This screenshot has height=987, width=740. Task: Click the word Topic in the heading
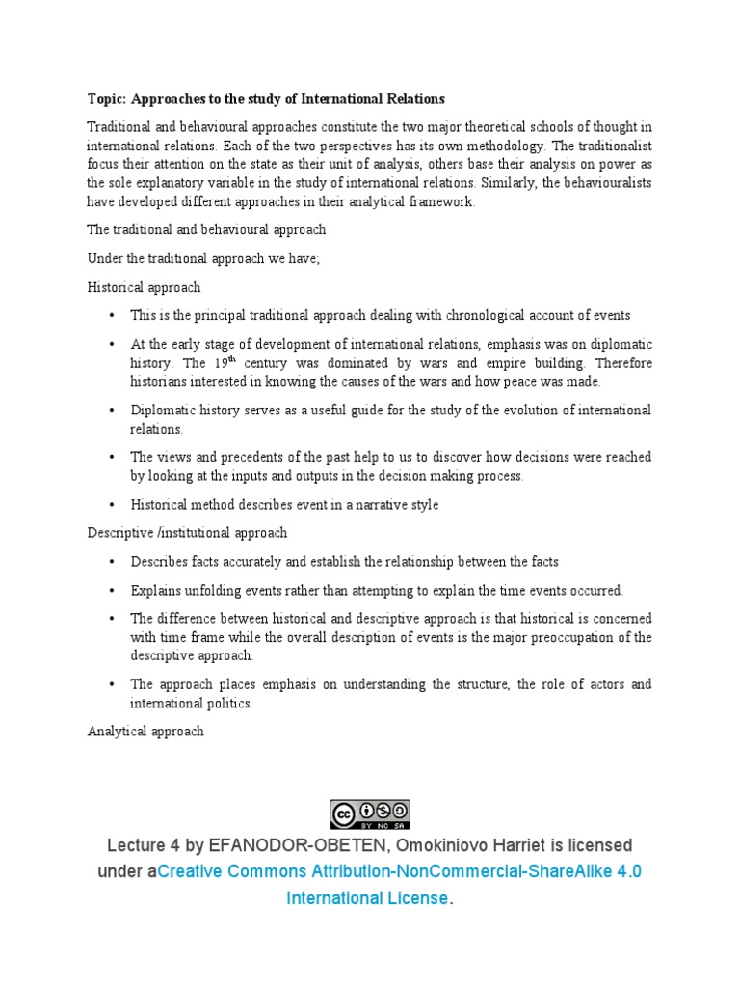106,99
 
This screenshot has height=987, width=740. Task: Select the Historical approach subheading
144,287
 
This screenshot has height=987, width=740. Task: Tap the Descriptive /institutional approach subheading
187,532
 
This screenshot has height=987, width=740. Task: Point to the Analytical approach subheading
145,731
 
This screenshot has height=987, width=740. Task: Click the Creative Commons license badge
370,814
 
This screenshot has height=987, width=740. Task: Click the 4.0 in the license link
629,871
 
